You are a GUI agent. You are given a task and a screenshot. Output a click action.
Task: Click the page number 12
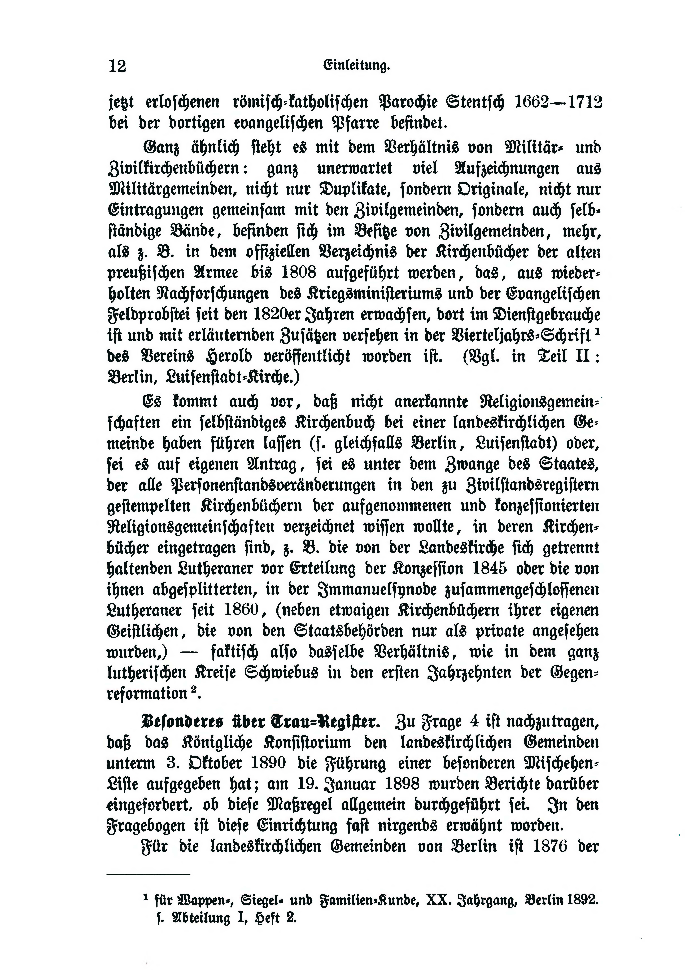(x=117, y=66)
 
